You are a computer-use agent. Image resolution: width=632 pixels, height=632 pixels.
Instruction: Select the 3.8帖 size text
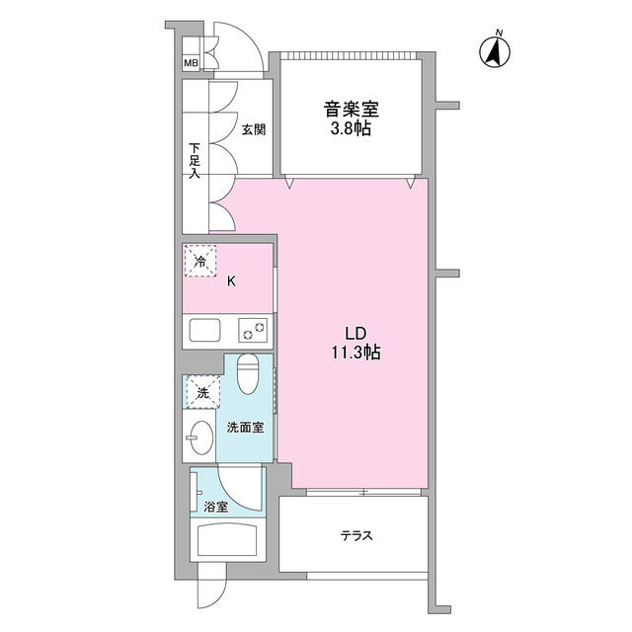pyautogui.click(x=350, y=129)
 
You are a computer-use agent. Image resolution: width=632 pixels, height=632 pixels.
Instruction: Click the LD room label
pyautogui.click(x=357, y=334)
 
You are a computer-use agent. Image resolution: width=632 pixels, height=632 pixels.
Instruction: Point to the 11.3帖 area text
pyautogui.click(x=357, y=353)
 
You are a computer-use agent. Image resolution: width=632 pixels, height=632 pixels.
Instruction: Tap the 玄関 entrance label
pyautogui.click(x=254, y=129)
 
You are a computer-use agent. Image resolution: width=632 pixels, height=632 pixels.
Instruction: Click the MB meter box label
pyautogui.click(x=191, y=64)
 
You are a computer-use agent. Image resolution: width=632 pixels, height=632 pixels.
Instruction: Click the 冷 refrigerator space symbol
pyautogui.click(x=200, y=262)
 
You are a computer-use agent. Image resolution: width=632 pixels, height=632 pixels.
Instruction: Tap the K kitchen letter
pyautogui.click(x=232, y=281)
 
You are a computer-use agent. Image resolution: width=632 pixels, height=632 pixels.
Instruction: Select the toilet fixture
pyautogui.click(x=250, y=373)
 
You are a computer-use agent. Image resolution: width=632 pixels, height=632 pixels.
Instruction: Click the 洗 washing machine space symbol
pyautogui.click(x=201, y=392)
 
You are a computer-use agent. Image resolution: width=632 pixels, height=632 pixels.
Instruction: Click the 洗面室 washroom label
pyautogui.click(x=245, y=428)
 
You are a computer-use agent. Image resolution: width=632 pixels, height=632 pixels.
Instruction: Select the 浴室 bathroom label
pyautogui.click(x=216, y=507)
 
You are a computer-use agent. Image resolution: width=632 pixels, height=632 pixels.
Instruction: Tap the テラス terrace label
pyautogui.click(x=355, y=536)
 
